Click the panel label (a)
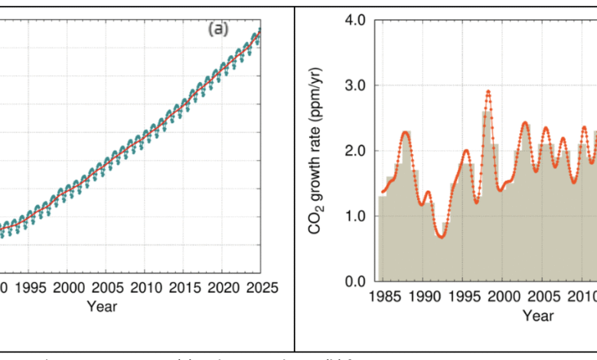(218, 30)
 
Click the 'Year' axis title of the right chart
(540, 314)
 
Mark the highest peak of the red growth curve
(488, 91)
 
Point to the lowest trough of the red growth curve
(441, 237)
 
